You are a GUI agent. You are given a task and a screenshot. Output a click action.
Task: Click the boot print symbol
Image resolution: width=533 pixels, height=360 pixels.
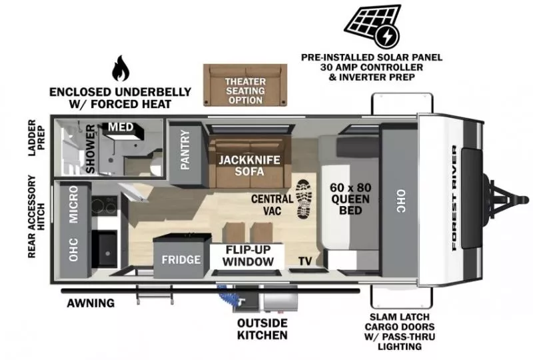pyautogui.click(x=303, y=198)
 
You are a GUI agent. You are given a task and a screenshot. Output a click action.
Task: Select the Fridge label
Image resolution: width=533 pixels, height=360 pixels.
pyautogui.click(x=181, y=259)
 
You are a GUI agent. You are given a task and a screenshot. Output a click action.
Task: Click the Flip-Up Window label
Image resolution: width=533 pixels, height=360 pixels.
pyautogui.click(x=248, y=255)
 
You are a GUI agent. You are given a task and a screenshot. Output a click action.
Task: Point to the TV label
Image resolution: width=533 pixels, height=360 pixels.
pyautogui.click(x=305, y=261)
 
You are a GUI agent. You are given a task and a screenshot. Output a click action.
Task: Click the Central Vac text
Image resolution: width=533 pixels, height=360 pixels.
pyautogui.click(x=271, y=205)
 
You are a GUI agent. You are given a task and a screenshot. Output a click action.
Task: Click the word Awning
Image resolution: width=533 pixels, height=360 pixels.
pyautogui.click(x=91, y=303)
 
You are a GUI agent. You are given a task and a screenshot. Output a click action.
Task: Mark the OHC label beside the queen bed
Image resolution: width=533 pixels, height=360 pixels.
pyautogui.click(x=401, y=200)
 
